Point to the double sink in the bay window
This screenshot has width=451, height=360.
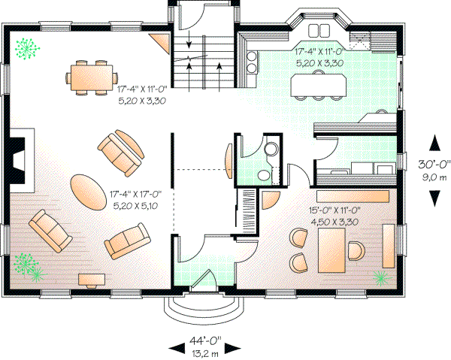pyautogui.click(x=318, y=30)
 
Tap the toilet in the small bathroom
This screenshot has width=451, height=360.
pyautogui.click(x=263, y=175)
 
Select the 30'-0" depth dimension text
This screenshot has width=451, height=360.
pyautogui.click(x=434, y=164)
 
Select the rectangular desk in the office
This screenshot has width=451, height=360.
pyautogui.click(x=331, y=251)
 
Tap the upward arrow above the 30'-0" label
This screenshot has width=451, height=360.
pyautogui.click(x=434, y=141)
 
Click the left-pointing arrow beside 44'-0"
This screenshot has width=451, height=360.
pyautogui.click(x=175, y=346)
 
